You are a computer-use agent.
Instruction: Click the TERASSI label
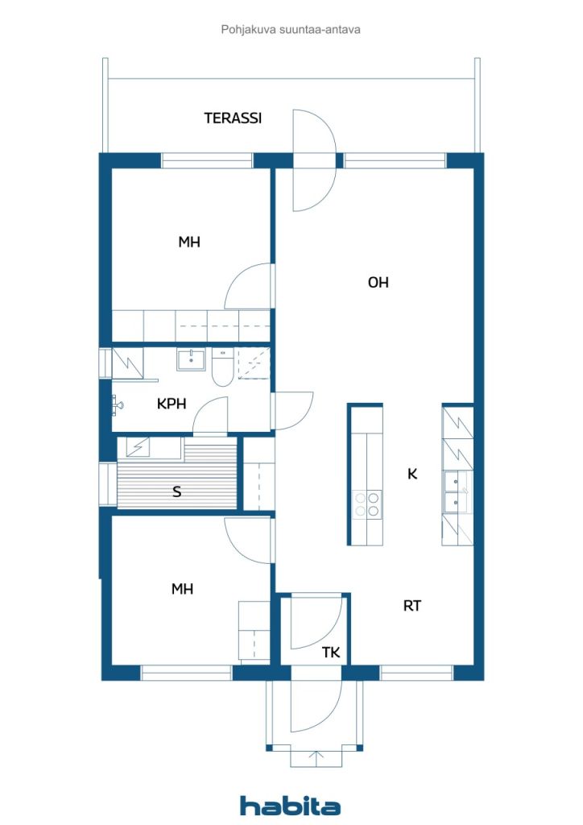(233, 118)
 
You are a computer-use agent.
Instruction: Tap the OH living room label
(378, 282)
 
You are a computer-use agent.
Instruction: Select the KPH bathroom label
(172, 404)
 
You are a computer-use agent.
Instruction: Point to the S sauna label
(177, 491)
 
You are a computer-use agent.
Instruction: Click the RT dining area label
(412, 606)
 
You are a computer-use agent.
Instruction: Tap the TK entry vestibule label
(331, 653)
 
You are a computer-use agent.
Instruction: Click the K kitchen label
(412, 474)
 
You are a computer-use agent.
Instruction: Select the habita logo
(291, 805)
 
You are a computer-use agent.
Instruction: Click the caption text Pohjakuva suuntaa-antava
(291, 30)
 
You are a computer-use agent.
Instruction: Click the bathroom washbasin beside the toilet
(192, 359)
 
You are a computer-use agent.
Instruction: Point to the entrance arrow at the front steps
(316, 757)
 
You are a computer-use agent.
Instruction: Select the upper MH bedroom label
(189, 242)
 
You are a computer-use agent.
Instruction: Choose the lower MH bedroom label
(182, 589)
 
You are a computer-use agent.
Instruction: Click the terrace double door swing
(312, 160)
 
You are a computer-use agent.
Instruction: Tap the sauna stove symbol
(136, 446)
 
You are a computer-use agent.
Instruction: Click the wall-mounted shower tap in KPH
(117, 404)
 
